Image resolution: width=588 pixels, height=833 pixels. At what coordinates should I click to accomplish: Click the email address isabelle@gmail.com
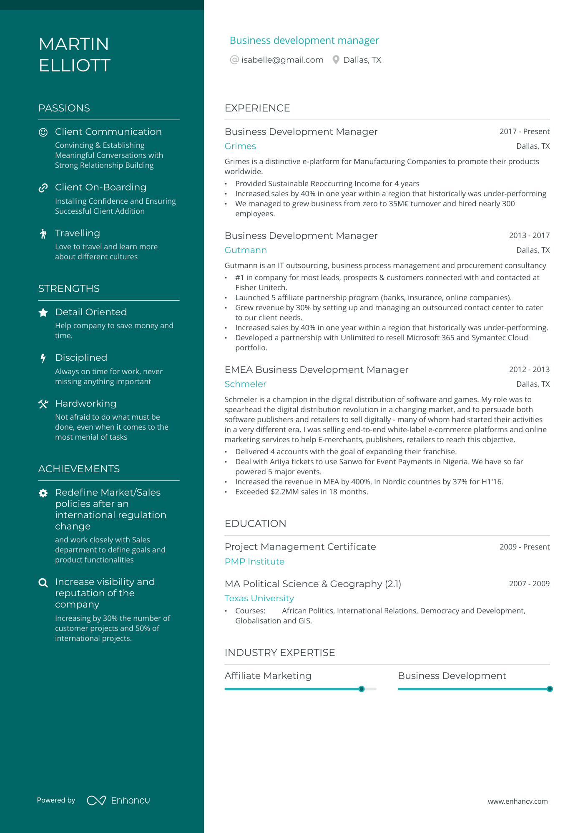tap(282, 60)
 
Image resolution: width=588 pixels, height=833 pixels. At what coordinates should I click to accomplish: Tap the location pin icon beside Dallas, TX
tap(336, 60)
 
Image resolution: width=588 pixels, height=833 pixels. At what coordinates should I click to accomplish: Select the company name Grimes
tap(240, 146)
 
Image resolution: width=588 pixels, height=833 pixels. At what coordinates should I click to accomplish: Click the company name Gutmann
tap(246, 250)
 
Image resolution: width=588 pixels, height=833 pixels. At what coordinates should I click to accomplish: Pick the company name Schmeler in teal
tap(245, 384)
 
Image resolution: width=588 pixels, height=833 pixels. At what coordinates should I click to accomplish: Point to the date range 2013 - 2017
tap(529, 235)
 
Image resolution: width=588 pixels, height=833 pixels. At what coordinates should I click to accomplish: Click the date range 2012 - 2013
tap(529, 370)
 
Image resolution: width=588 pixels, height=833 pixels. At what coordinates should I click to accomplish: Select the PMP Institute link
tap(254, 562)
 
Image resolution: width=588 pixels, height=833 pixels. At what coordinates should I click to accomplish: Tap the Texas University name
tap(259, 598)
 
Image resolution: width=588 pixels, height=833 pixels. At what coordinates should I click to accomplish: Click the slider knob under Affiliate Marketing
tap(362, 689)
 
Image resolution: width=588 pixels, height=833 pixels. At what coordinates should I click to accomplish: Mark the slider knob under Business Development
tap(550, 689)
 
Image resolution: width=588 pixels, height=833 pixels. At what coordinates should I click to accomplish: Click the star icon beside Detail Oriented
tap(43, 313)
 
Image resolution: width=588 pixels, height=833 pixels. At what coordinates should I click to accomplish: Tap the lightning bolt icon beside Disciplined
tap(43, 358)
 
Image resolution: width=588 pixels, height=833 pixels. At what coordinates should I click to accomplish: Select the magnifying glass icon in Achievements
tap(43, 582)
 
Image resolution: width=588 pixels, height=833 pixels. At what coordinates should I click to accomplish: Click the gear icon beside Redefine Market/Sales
tap(43, 493)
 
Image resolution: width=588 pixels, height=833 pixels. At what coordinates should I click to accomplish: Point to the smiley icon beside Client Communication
tap(43, 132)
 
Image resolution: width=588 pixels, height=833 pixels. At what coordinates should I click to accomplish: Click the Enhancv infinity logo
tap(96, 800)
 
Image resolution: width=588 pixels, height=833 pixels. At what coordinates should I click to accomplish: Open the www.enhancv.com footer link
tap(518, 801)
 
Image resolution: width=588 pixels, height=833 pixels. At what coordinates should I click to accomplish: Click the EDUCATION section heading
tap(255, 524)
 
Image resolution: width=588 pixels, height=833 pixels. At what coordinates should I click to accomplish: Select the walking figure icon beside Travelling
tap(43, 234)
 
